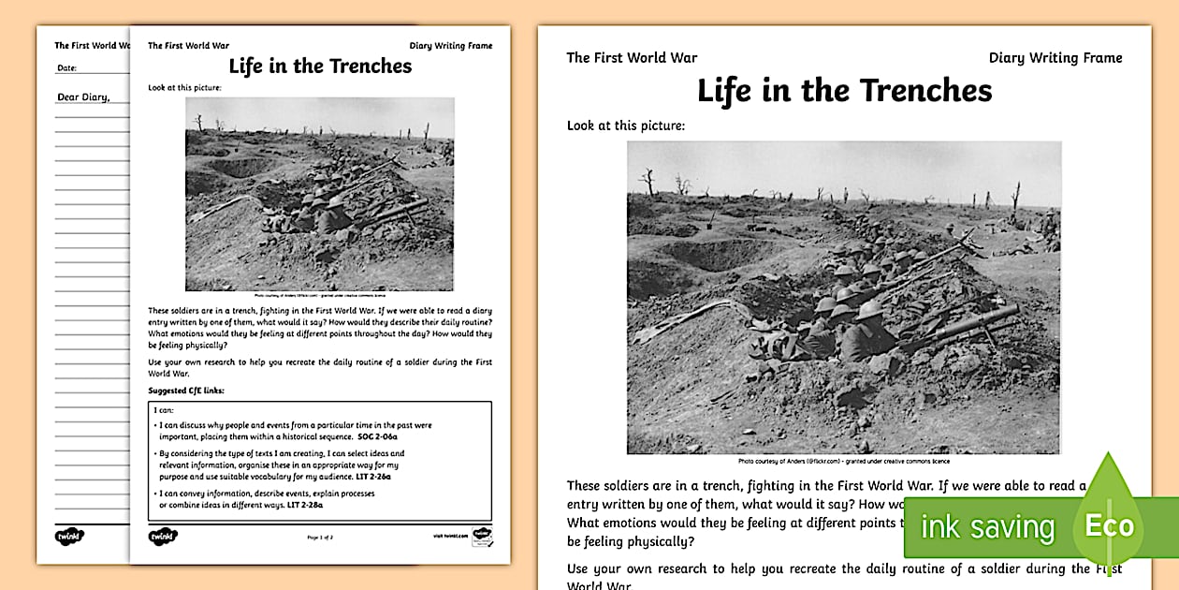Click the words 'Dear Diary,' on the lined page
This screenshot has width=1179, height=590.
click(83, 96)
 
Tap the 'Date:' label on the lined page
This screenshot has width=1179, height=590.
click(66, 68)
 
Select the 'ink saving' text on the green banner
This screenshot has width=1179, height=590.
click(987, 526)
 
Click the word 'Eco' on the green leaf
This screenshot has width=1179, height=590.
click(1109, 525)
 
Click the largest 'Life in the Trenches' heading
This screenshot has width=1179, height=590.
click(844, 91)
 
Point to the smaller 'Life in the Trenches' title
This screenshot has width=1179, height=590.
click(320, 66)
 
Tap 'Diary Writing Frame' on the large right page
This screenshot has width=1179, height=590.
click(1055, 58)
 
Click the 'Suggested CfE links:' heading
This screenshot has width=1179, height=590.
click(186, 390)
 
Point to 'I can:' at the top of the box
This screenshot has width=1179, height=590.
click(161, 410)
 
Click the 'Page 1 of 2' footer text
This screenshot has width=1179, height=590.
click(320, 538)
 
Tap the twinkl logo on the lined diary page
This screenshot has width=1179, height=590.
click(68, 538)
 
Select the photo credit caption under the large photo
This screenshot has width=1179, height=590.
click(844, 461)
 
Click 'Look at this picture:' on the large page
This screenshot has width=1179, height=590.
click(626, 125)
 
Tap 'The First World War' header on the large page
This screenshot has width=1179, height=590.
click(632, 58)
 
